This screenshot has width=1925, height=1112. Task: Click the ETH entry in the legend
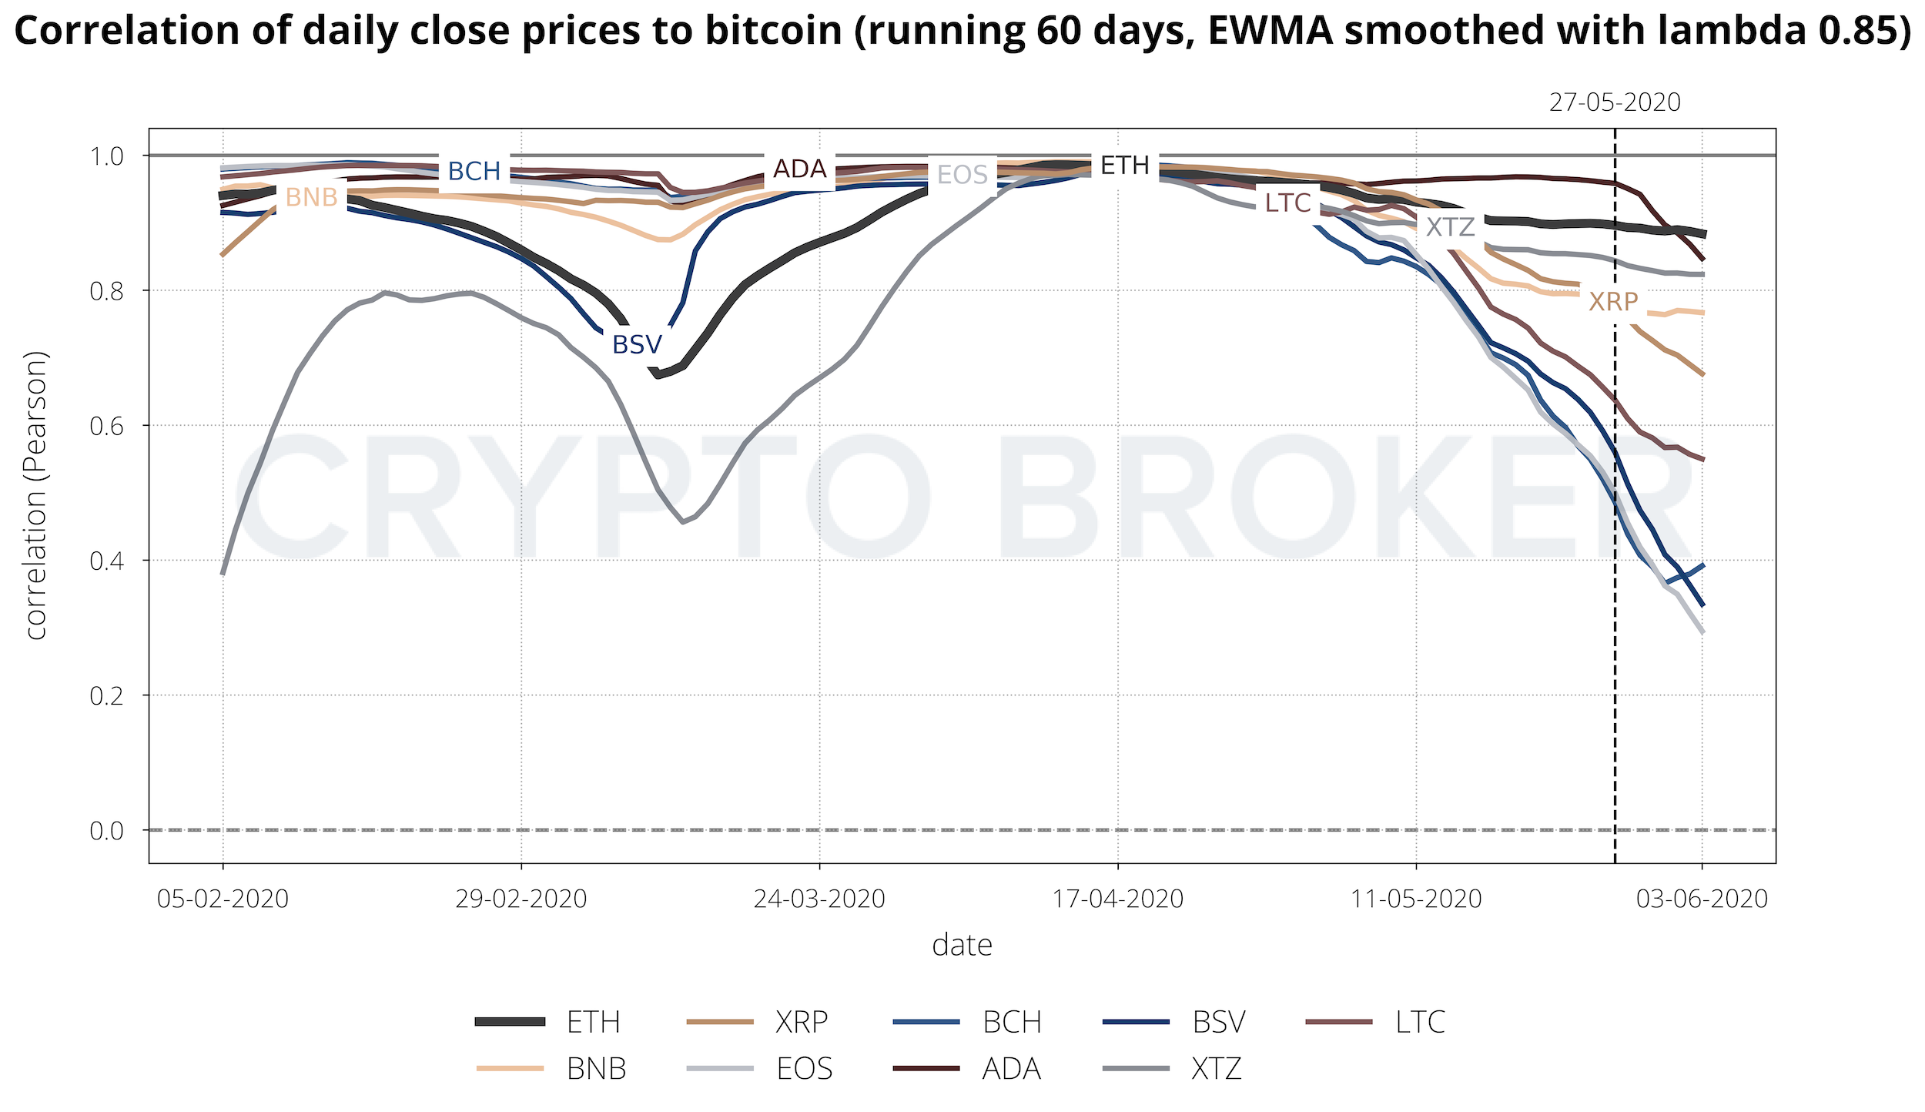(592, 1022)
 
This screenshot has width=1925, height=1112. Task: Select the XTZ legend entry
(1216, 1068)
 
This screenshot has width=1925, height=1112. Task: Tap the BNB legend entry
(595, 1068)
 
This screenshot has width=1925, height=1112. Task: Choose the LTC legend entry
(1419, 1022)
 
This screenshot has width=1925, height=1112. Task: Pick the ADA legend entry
(1011, 1068)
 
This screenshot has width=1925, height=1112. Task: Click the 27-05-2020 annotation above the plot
(1614, 102)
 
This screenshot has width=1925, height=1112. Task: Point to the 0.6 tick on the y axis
(107, 426)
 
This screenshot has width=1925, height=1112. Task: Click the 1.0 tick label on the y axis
(107, 156)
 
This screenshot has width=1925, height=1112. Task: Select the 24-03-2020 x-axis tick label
(819, 899)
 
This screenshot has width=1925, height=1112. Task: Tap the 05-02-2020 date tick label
(223, 899)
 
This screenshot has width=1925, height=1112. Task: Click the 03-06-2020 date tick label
(1702, 899)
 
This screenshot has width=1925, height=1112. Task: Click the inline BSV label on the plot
(637, 344)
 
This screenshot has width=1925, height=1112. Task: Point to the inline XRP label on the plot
(1613, 301)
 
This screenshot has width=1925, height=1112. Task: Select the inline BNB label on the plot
(311, 198)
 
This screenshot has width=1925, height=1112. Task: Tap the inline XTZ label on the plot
(1450, 227)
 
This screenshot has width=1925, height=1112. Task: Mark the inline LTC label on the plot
(1287, 203)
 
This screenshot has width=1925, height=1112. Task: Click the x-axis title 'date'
(962, 945)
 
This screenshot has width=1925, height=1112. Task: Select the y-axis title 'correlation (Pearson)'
(36, 495)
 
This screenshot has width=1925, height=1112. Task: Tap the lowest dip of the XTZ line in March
(682, 522)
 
